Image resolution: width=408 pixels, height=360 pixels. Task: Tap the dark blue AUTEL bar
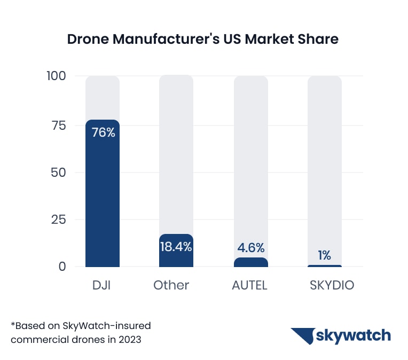pos(250,262)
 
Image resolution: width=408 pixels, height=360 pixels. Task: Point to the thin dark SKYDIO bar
pos(324,265)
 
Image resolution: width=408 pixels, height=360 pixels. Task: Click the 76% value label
pos(103,132)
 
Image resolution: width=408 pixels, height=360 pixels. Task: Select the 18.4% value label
pos(176,247)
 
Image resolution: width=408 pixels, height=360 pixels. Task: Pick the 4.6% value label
pos(250,248)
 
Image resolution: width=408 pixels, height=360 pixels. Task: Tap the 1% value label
pos(324,255)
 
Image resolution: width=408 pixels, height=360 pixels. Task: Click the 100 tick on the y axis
pos(56,76)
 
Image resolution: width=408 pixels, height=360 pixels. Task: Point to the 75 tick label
pos(58,126)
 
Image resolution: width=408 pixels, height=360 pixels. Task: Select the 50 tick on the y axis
pos(58,173)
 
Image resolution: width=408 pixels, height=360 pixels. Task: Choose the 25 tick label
pos(58,220)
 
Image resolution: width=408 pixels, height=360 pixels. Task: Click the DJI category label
pos(103,285)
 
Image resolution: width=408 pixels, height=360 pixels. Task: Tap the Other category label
pos(171,285)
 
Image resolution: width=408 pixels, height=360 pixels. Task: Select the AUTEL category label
pos(249,285)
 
